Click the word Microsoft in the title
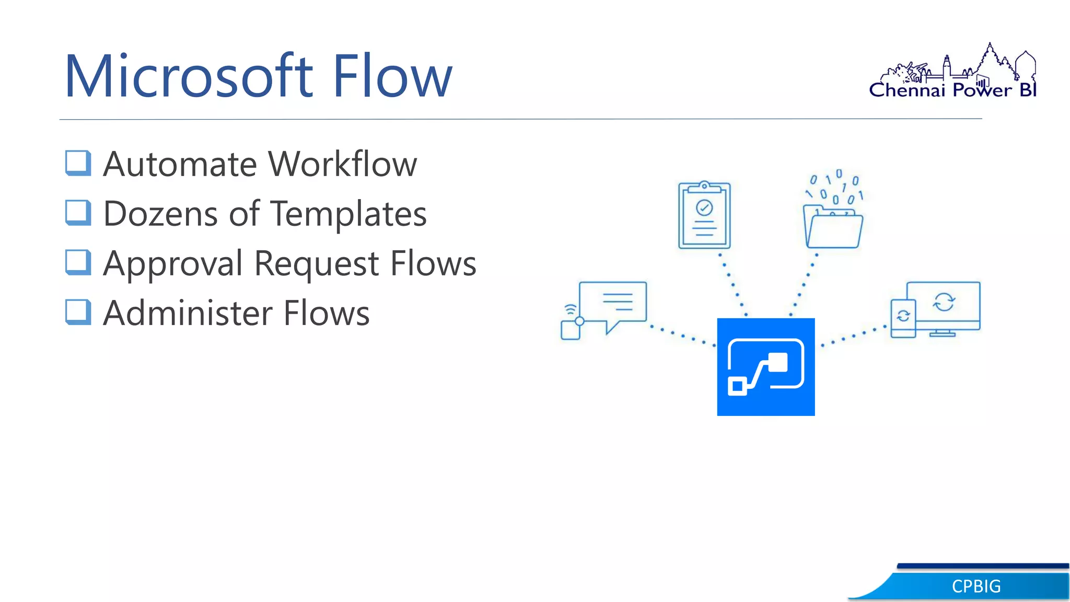click(188, 76)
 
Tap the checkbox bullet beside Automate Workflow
click(78, 163)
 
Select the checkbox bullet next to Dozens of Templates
click(78, 213)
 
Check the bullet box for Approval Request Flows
click(78, 262)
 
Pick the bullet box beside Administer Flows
click(78, 312)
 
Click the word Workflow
click(343, 164)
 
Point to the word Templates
click(348, 214)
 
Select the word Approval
click(173, 263)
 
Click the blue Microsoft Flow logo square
click(765, 367)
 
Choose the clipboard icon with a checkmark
click(704, 215)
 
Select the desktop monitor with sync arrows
click(944, 306)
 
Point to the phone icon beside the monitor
click(903, 318)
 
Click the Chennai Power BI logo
click(953, 73)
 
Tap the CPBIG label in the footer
click(976, 586)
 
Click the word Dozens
click(160, 214)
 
